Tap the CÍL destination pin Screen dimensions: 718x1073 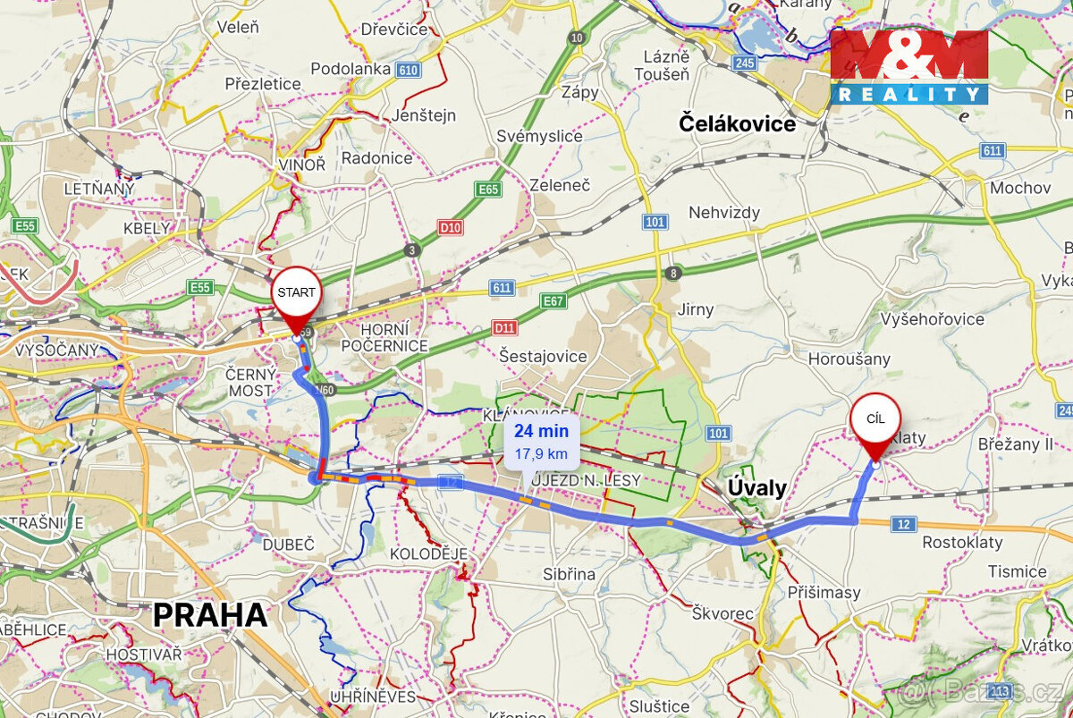(874, 420)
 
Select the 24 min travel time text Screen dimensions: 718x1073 (541, 431)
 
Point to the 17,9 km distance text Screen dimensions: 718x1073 (541, 453)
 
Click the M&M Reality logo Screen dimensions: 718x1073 (909, 66)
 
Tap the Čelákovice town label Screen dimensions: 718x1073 (737, 123)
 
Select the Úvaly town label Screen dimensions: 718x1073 (756, 488)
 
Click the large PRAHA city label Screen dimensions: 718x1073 (210, 615)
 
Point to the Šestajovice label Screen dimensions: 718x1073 (544, 356)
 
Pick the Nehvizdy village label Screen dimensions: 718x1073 (724, 213)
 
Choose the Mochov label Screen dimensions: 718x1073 (1020, 188)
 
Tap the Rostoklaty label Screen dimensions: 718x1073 (962, 542)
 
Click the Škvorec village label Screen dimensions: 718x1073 (723, 613)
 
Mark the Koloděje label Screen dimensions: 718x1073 (428, 554)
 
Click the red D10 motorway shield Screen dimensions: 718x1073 (451, 228)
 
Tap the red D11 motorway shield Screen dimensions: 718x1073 (505, 328)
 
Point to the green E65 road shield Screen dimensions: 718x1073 (488, 190)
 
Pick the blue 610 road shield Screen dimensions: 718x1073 (409, 70)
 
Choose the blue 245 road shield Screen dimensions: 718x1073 (744, 63)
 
